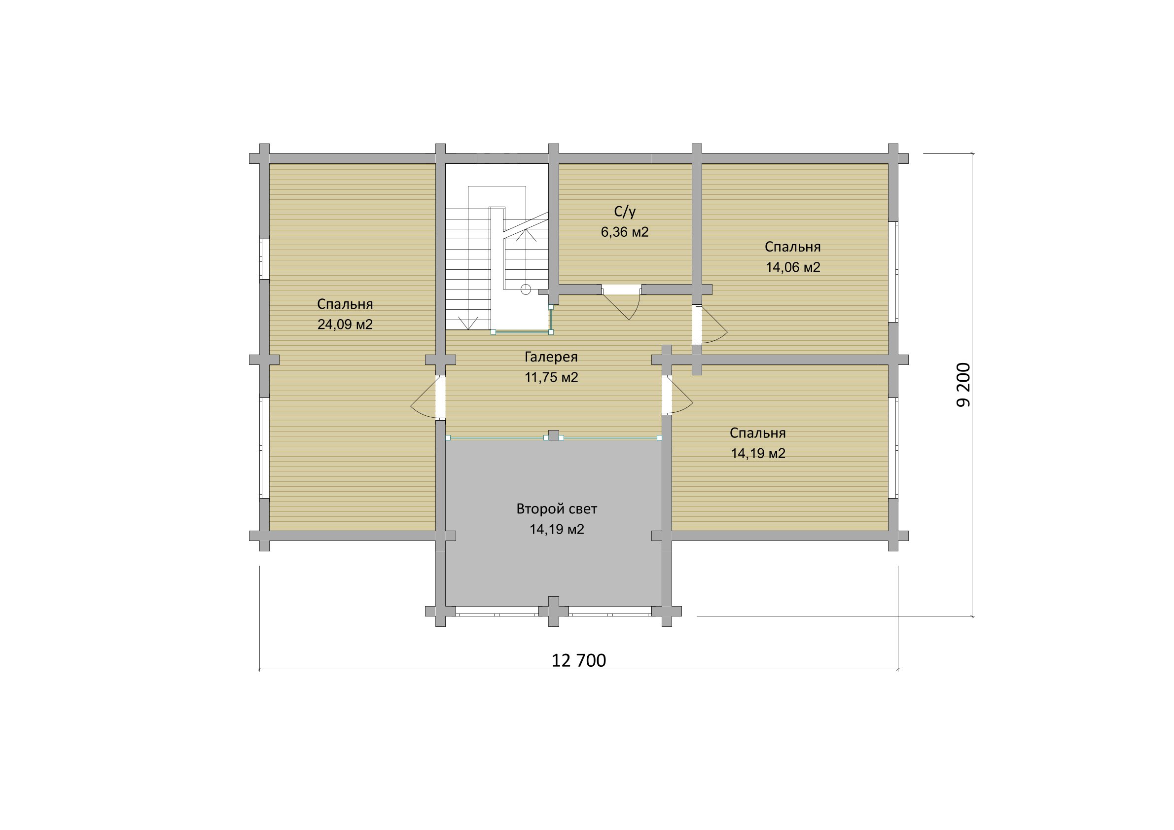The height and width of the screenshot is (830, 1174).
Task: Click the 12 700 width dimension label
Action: (x=578, y=660)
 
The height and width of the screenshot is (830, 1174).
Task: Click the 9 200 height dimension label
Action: (x=963, y=385)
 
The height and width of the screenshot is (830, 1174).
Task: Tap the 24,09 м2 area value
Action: (x=345, y=324)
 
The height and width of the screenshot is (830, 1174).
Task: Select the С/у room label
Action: (x=625, y=212)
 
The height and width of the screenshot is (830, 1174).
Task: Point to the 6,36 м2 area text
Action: (x=625, y=232)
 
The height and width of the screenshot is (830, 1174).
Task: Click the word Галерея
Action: (x=551, y=357)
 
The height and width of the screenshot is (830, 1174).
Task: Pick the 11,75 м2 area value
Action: (x=551, y=377)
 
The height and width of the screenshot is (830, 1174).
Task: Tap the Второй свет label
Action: (x=557, y=509)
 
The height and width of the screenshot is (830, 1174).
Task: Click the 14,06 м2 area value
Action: (x=793, y=267)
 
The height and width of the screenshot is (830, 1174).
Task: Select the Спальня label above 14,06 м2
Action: (x=793, y=247)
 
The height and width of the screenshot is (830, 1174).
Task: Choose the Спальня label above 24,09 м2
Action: (x=345, y=304)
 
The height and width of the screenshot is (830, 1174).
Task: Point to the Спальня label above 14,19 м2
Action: (x=758, y=433)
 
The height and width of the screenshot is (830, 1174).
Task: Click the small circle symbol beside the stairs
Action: (x=526, y=289)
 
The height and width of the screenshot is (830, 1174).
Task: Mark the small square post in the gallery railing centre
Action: (x=553, y=435)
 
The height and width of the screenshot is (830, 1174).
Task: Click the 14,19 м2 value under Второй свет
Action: (x=557, y=529)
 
